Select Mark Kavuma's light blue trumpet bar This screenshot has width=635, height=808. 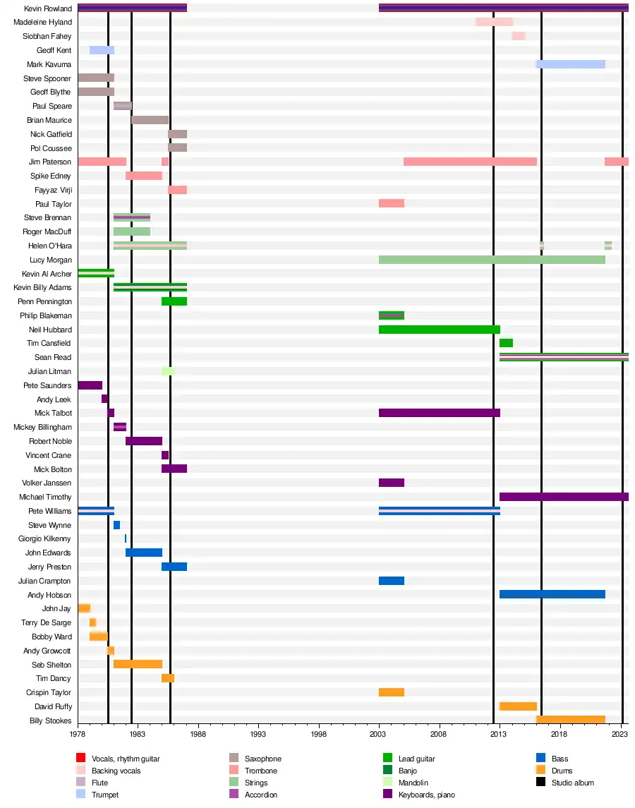tap(570, 64)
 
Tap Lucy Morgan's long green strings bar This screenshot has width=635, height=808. tap(492, 260)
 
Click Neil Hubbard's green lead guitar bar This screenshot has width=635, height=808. tap(439, 330)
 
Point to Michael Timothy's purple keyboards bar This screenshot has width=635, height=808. tap(564, 497)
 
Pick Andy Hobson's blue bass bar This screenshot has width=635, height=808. tap(552, 595)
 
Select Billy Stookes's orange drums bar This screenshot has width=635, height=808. tap(570, 720)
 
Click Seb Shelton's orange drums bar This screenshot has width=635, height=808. tap(138, 665)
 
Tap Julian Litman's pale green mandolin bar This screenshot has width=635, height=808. tap(168, 371)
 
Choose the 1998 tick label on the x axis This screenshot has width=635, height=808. tap(319, 735)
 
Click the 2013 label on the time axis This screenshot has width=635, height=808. tap(500, 735)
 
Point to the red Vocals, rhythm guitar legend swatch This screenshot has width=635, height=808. tap(80, 759)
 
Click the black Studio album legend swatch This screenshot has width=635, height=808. tap(540, 783)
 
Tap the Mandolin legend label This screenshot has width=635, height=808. tap(413, 783)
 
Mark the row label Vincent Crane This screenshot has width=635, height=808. tap(49, 455)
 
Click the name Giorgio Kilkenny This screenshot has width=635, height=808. tap(44, 539)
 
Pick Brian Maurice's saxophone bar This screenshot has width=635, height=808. tap(150, 120)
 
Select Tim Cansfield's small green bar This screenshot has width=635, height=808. tap(506, 343)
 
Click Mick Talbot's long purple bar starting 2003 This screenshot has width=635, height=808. tap(439, 413)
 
